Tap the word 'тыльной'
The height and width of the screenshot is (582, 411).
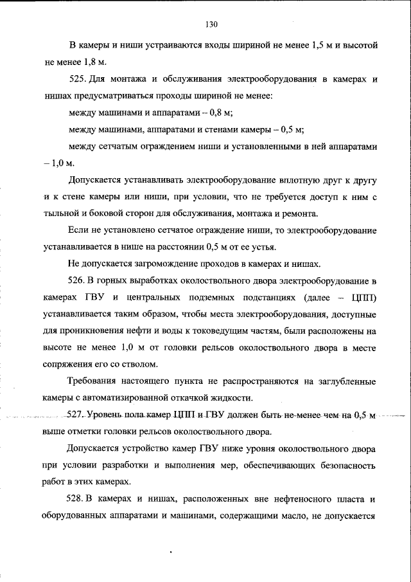click(62, 214)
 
